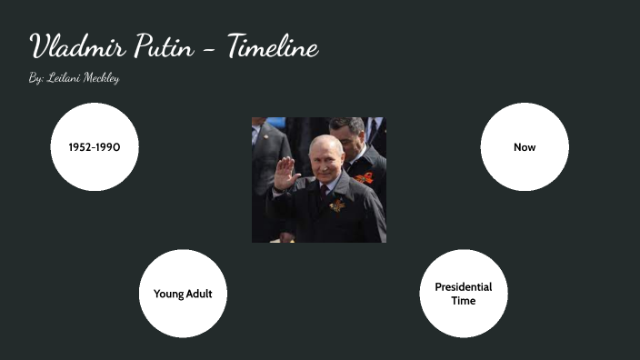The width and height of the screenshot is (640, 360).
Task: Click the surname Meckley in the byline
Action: click(101, 78)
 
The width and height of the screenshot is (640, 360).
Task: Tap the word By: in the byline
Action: click(35, 78)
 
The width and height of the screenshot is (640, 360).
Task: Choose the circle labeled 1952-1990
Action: click(95, 146)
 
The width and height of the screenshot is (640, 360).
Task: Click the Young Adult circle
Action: click(183, 294)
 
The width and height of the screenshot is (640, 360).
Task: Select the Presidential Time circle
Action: click(463, 294)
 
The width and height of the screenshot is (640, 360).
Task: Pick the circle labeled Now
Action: click(525, 146)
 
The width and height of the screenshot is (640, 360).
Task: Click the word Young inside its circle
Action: click(168, 294)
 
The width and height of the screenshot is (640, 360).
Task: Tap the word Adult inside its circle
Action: click(198, 294)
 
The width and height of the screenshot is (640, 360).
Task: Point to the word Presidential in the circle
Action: click(463, 287)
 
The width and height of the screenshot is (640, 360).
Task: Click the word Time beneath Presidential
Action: click(463, 301)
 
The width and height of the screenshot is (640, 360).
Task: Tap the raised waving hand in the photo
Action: click(283, 172)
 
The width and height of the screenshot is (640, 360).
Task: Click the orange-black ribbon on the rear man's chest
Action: click(365, 177)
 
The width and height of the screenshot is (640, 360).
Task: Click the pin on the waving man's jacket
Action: click(337, 205)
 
